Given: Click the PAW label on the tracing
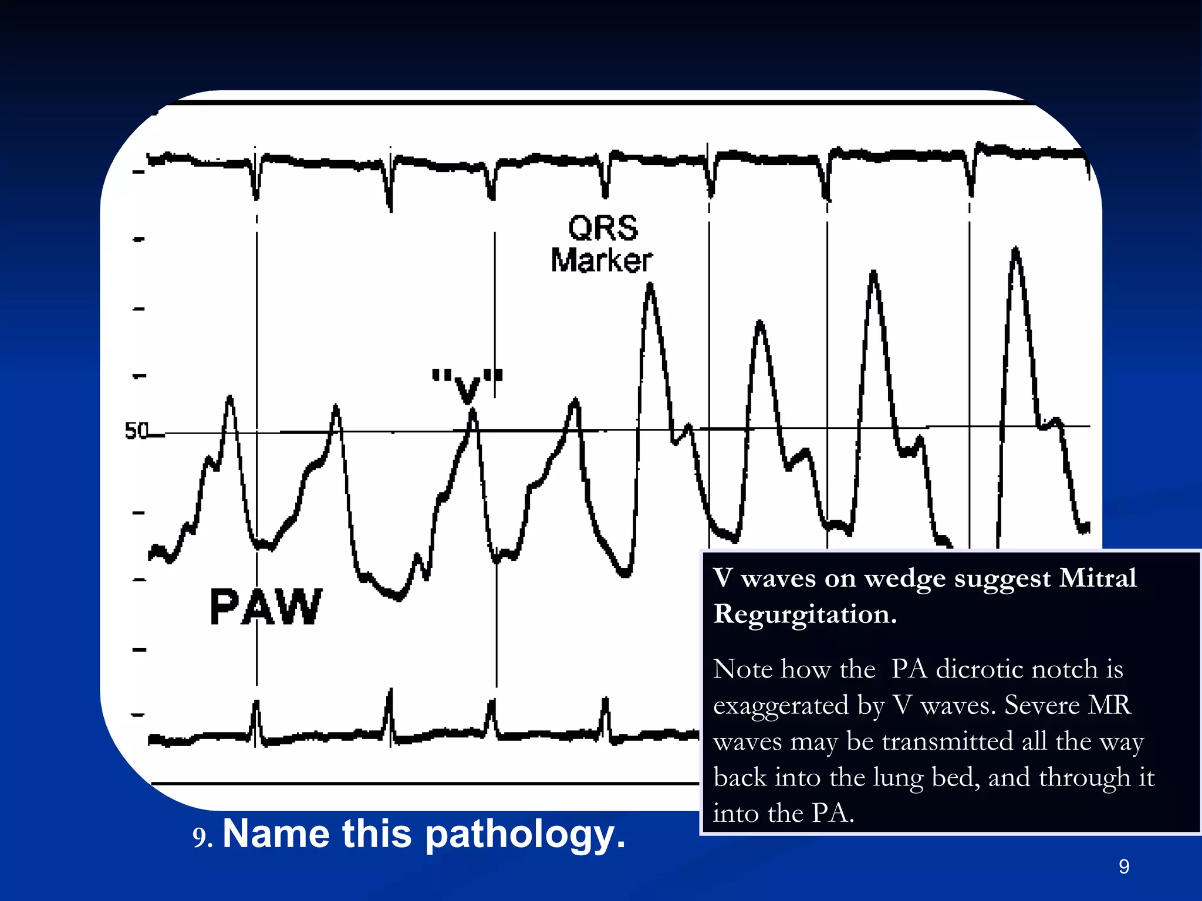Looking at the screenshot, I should [x=266, y=607].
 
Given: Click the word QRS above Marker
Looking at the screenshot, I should [x=603, y=228].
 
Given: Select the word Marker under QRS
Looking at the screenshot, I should [x=602, y=261].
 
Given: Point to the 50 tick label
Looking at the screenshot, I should [x=137, y=431].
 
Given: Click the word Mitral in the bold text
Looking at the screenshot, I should [x=1098, y=578].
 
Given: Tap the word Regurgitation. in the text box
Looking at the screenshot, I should [x=805, y=615].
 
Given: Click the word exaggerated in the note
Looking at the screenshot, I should [x=781, y=706].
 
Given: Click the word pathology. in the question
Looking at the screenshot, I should [x=525, y=834].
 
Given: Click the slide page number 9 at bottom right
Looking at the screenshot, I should [x=1124, y=866].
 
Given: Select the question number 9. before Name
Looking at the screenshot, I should [x=202, y=838].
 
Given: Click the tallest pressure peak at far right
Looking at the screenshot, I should [x=1016, y=251].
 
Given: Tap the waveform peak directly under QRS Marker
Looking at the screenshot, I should [x=650, y=287].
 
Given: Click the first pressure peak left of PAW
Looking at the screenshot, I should [x=229, y=399].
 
